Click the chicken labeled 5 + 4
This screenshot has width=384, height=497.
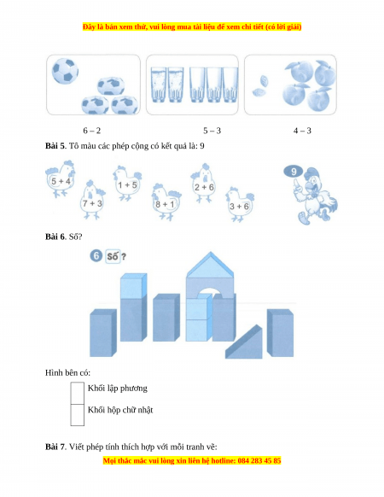(61, 179)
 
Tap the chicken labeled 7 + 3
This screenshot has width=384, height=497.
(92, 201)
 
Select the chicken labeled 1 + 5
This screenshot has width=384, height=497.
(127, 184)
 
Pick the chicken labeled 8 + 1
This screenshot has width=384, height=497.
(166, 202)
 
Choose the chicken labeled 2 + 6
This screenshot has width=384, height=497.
(203, 184)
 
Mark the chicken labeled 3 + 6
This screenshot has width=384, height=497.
(240, 204)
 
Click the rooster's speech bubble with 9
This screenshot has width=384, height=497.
(294, 172)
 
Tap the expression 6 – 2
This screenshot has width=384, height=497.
(92, 131)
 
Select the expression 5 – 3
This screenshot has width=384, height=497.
(212, 131)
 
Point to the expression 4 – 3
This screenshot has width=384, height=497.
(302, 131)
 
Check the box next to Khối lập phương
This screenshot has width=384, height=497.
(78, 393)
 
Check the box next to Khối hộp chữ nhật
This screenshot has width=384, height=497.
(78, 415)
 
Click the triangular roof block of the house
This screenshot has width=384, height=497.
(210, 265)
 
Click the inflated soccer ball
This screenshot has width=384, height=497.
(65, 71)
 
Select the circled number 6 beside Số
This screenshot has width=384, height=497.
(96, 256)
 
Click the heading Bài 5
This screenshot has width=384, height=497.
(55, 146)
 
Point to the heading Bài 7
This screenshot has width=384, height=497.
(55, 447)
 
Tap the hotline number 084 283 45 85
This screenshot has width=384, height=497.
(259, 460)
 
